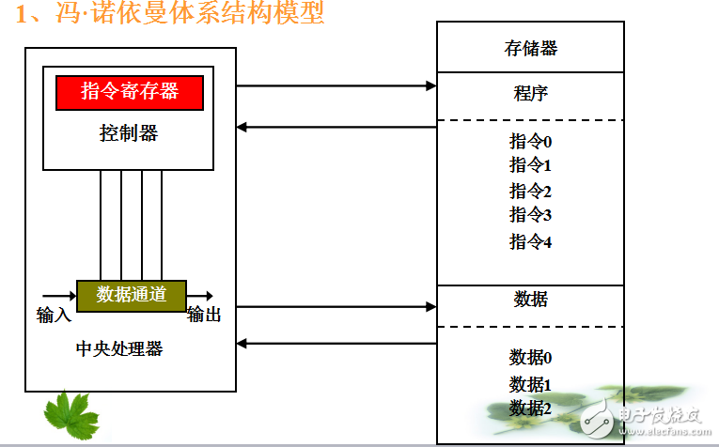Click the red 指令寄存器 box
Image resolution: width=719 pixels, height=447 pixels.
130,91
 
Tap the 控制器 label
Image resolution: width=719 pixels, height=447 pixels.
129,132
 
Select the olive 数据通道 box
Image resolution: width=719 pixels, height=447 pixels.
131,294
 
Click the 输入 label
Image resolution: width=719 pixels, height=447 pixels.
54,315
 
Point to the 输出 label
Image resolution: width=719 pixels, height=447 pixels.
204,315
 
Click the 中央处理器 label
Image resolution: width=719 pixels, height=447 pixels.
119,348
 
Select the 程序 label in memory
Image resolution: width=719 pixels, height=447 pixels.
530,93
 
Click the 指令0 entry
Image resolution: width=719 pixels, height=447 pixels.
530,142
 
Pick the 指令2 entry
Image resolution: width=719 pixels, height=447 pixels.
530,191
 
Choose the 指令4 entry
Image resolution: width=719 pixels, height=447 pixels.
530,241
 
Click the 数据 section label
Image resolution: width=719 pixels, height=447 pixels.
530,300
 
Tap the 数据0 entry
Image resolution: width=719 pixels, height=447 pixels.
530,357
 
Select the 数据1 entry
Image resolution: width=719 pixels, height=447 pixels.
530,383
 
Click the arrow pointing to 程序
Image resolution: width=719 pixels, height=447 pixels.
336,85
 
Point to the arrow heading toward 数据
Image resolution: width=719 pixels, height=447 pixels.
336,306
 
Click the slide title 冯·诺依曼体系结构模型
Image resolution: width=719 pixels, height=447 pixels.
169,16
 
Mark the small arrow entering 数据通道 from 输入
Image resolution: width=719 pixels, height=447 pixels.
59,295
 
